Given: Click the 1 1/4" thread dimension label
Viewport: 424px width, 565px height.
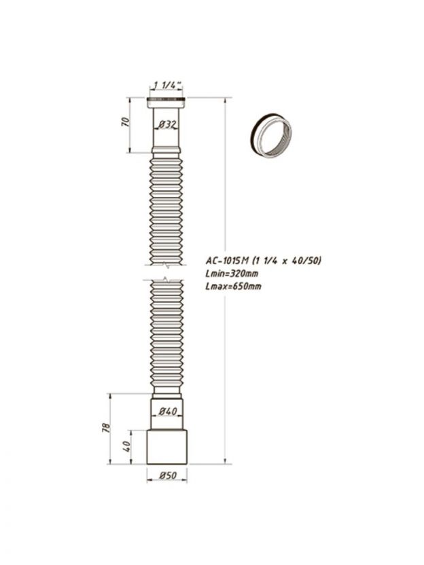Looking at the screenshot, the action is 168,85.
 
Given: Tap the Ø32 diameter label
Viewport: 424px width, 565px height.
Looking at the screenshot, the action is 166,125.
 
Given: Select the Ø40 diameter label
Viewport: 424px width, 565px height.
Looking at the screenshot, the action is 168,411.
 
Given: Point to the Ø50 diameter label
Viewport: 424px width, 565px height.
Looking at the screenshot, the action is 168,475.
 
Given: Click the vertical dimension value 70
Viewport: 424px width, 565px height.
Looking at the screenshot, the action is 126,122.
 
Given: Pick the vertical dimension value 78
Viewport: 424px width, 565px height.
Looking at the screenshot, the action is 107,428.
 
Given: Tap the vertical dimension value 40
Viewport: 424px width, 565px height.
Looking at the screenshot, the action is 126,447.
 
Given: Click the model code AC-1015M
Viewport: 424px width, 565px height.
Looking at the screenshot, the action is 227,260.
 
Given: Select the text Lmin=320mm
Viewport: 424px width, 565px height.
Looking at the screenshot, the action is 232,273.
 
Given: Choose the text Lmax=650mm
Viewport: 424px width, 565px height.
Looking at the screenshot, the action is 233,287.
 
